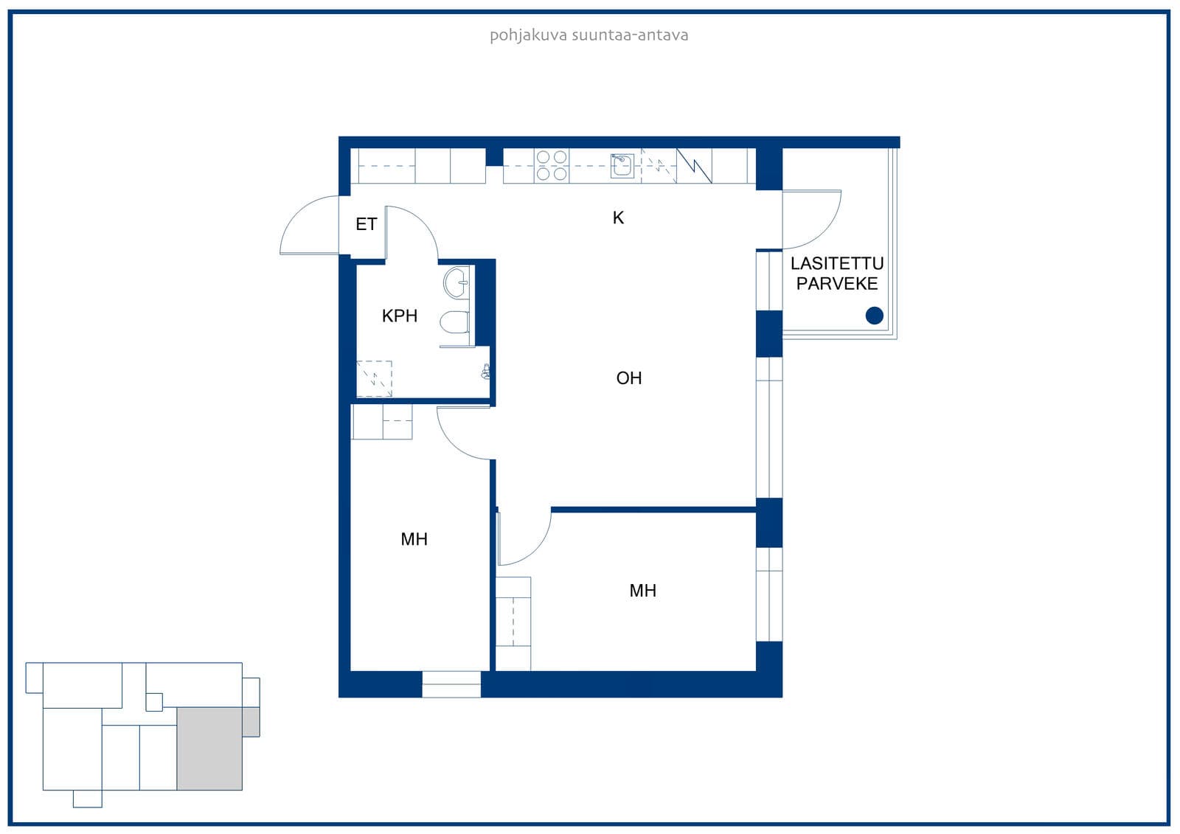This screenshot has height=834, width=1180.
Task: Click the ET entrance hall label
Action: [366, 224]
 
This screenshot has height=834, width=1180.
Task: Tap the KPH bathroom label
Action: [399, 316]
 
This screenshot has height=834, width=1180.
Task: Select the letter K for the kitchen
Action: [618, 218]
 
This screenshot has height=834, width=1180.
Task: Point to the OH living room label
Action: [628, 378]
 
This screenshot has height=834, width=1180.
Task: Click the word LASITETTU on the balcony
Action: [836, 263]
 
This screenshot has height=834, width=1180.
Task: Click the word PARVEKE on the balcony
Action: [836, 284]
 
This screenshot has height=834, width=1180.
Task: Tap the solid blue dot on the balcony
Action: [874, 316]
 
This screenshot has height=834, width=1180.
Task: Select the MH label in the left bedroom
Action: [414, 540]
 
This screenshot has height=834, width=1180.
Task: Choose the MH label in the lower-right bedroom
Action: [642, 591]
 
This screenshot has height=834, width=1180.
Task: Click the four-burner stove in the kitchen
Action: [551, 165]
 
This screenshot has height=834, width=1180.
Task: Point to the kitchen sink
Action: [622, 166]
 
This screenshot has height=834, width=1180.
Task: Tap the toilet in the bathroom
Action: [454, 322]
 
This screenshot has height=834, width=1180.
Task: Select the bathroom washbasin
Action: [457, 283]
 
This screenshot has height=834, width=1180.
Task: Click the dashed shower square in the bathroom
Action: [374, 379]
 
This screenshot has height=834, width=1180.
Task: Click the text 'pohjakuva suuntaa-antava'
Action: [589, 35]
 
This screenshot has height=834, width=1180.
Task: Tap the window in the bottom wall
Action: [451, 684]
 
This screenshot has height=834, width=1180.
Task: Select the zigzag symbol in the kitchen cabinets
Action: [694, 166]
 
